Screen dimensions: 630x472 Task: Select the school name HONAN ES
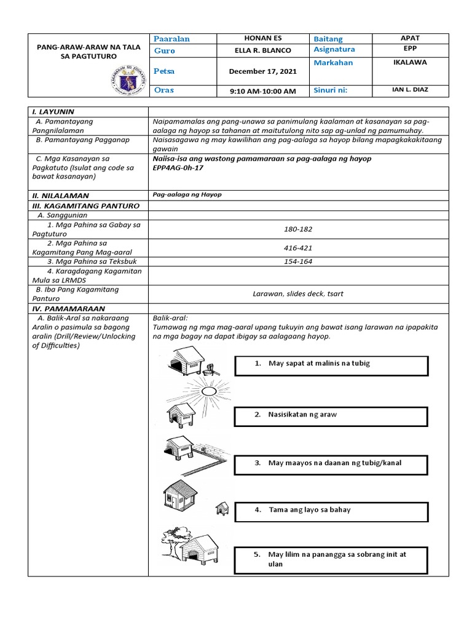262,38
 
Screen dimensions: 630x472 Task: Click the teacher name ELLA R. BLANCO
262,50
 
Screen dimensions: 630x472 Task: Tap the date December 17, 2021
262,71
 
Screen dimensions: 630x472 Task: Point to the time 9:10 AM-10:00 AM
262,91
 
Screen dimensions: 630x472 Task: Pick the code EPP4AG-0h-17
179,167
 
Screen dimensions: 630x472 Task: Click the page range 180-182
298,229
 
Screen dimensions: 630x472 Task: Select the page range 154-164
298,261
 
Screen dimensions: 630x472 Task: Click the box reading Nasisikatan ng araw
331,415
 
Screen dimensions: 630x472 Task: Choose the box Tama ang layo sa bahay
331,511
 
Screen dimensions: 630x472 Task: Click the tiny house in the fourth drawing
222,508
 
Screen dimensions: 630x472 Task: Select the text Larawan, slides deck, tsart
298,293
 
